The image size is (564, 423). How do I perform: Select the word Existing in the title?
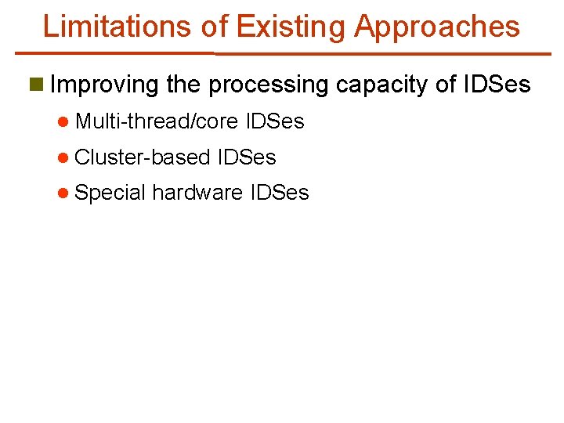point(291,26)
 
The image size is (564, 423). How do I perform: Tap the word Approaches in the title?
point(437,27)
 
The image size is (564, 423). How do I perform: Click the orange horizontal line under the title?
point(282,53)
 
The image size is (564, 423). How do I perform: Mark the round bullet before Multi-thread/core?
point(63,122)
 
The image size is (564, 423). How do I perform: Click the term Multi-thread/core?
point(157,122)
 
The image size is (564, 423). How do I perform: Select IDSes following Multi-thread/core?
point(275,122)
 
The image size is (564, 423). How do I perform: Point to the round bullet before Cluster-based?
point(63,157)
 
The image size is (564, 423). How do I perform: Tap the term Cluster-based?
point(143,157)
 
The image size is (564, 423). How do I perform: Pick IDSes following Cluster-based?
point(247,157)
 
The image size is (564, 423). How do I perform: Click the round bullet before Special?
point(63,193)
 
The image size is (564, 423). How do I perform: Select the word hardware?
point(197,193)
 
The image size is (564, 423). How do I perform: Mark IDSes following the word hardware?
point(280,193)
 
